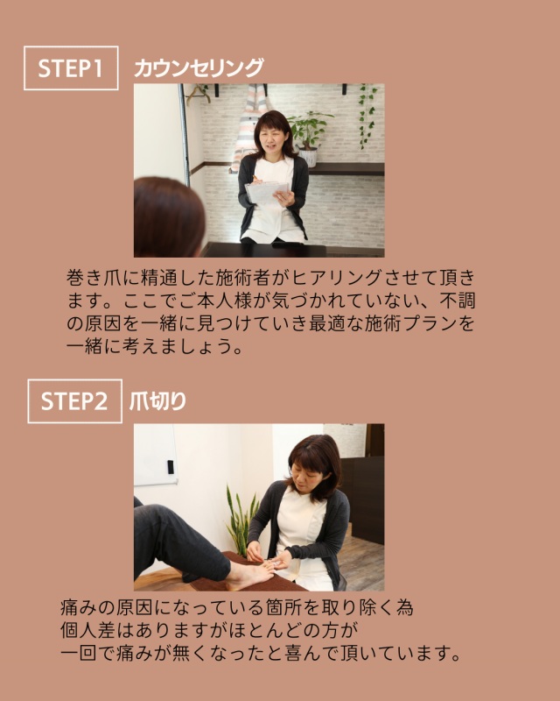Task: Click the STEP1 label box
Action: [71, 68]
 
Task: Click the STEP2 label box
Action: [74, 401]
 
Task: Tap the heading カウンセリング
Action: [199, 68]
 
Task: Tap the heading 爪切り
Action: [157, 401]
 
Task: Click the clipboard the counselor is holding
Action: [267, 192]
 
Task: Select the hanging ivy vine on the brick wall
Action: [367, 116]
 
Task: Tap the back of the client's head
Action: [167, 217]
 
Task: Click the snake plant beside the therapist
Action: [241, 521]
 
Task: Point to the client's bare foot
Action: [250, 576]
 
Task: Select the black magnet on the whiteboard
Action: [170, 467]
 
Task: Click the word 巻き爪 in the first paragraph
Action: [94, 278]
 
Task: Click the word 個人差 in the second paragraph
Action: [88, 630]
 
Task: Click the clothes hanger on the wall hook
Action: [199, 93]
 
